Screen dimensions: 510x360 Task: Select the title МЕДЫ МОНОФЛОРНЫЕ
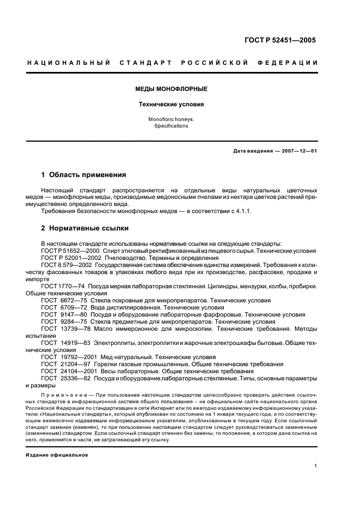tap(171, 88)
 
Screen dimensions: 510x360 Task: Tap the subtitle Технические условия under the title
tap(171, 104)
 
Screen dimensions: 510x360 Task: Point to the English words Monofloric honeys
tap(171, 119)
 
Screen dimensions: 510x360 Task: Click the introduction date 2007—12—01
tap(297, 151)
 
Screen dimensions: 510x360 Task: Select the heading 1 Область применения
tap(84, 175)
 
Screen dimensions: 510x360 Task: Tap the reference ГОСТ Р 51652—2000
tap(67, 251)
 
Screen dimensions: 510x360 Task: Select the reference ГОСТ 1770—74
tap(62, 286)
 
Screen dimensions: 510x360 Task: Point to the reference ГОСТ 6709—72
tap(62, 307)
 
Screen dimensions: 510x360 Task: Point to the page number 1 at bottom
tap(316, 466)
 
